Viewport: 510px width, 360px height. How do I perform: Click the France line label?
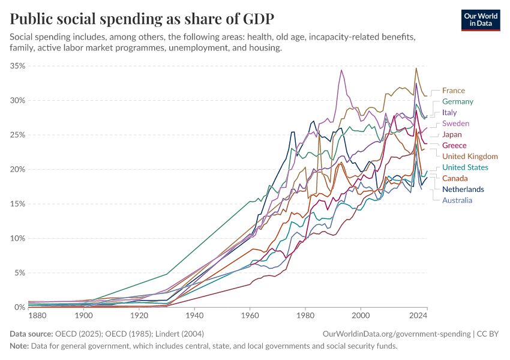coord(454,91)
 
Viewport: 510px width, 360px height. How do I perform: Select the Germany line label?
coord(458,101)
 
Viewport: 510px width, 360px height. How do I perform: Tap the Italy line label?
coord(449,112)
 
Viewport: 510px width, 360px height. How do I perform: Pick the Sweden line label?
coord(455,124)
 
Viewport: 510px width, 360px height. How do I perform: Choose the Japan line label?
coord(452,134)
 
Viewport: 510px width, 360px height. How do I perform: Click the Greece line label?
coord(454,146)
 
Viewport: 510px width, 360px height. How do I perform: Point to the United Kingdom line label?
coord(470,157)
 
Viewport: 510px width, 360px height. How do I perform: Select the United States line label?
coord(465,167)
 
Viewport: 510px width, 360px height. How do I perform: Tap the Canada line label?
coord(455,178)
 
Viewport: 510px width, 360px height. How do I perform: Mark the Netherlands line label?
coord(463,190)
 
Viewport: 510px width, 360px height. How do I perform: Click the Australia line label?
coord(457,200)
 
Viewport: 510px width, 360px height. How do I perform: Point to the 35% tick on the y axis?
coord(17,65)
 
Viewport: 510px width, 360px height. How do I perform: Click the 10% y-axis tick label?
coord(17,238)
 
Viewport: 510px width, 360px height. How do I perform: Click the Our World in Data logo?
coord(481,19)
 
